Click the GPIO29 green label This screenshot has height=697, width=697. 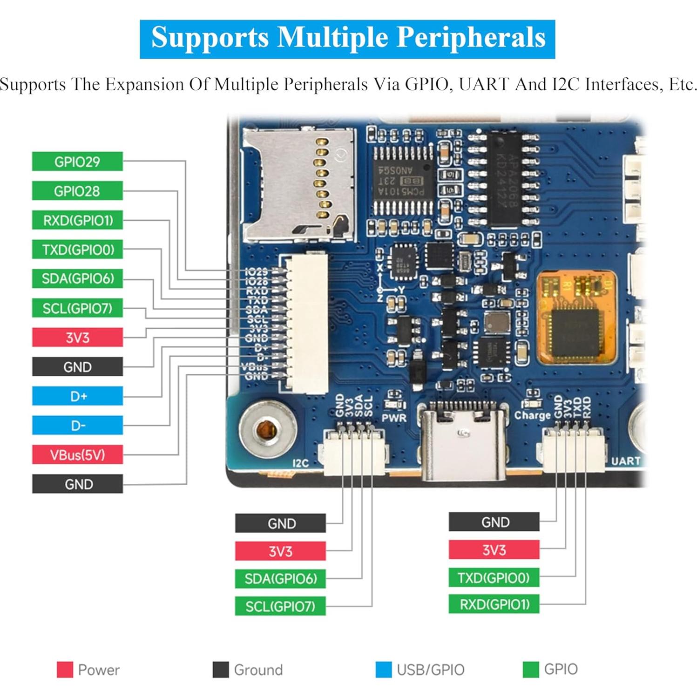pyautogui.click(x=77, y=162)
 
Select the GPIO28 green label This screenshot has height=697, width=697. pyautogui.click(x=77, y=191)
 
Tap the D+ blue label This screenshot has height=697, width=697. pyautogui.click(x=77, y=396)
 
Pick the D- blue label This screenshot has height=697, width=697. pyautogui.click(x=77, y=426)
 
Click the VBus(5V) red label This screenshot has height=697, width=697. pyautogui.click(x=77, y=455)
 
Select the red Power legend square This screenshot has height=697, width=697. pyautogui.click(x=65, y=670)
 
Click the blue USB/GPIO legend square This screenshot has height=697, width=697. pyautogui.click(x=383, y=670)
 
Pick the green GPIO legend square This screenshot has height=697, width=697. pyautogui.click(x=531, y=670)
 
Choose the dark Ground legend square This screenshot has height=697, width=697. pyautogui.click(x=220, y=670)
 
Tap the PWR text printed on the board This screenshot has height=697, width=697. pyautogui.click(x=394, y=418)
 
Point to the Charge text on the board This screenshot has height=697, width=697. pyautogui.click(x=532, y=415)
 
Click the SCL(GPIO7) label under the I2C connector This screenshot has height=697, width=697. pyautogui.click(x=280, y=606)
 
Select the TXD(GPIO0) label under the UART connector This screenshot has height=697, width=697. pyautogui.click(x=494, y=578)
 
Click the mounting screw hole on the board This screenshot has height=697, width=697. pyautogui.click(x=267, y=429)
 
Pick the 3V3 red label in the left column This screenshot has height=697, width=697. pyautogui.click(x=77, y=338)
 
